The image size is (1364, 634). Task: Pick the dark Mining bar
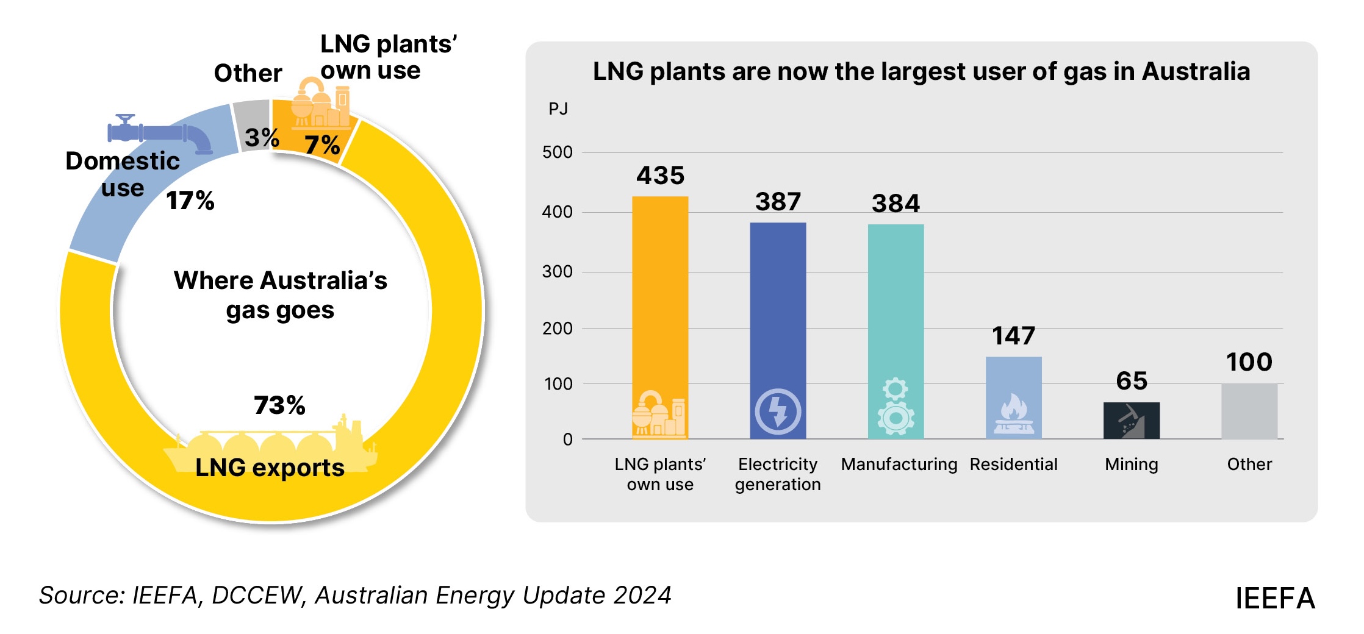click(1131, 420)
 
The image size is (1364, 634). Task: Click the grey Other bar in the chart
click(1249, 411)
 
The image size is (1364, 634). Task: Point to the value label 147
click(1013, 336)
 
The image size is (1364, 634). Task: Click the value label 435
click(660, 176)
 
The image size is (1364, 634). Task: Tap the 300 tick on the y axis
click(557, 272)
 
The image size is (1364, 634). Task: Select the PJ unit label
click(558, 109)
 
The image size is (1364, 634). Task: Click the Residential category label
click(1013, 465)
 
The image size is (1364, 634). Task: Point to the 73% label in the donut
click(279, 405)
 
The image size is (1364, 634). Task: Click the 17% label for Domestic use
click(190, 201)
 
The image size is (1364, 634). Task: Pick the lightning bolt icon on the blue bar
click(778, 411)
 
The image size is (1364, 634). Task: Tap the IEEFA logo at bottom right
click(1275, 599)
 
